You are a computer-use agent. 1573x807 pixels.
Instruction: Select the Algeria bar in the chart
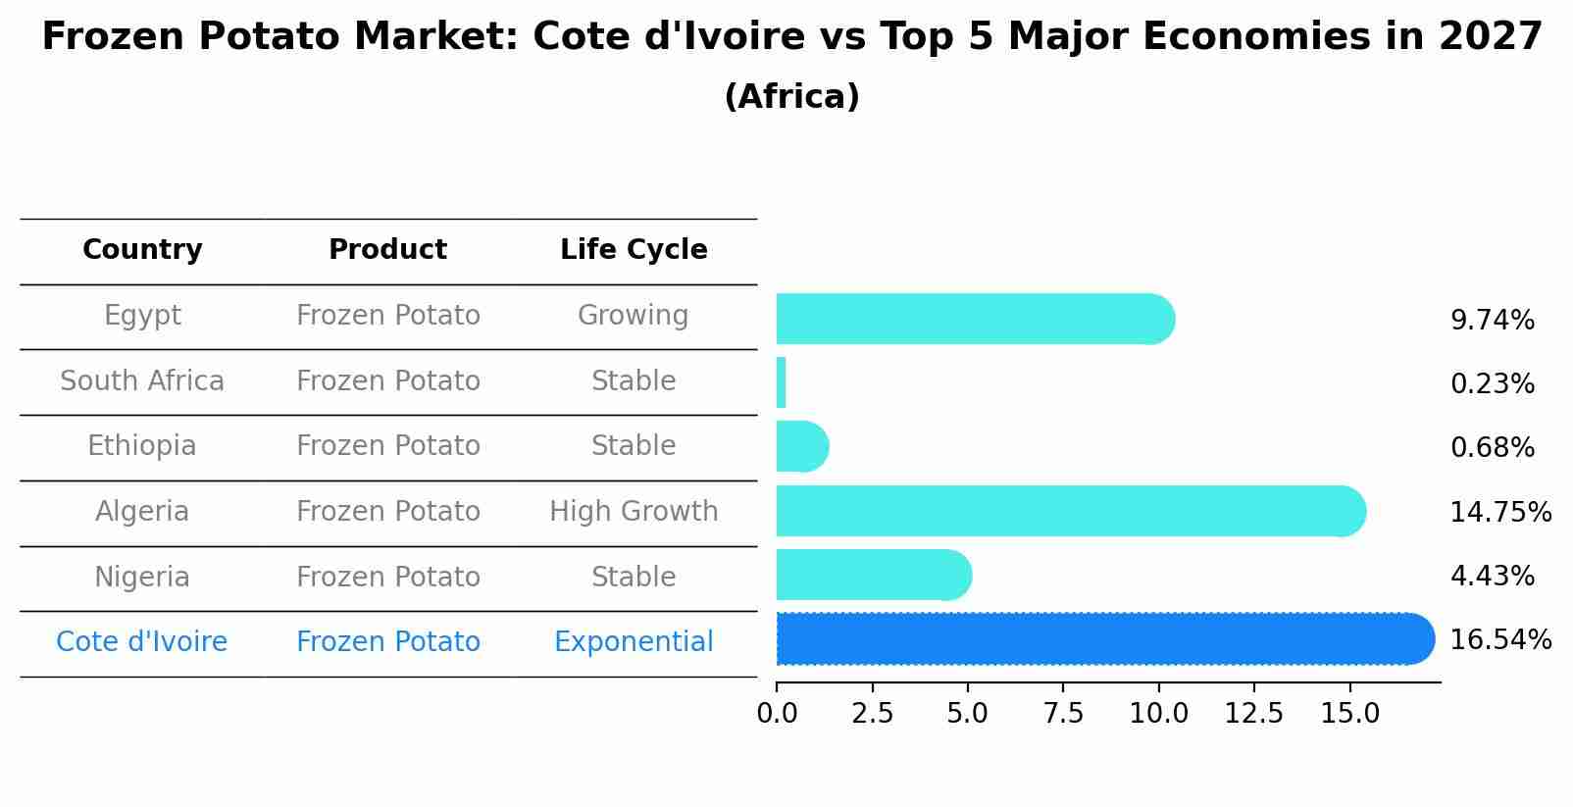coord(1069,511)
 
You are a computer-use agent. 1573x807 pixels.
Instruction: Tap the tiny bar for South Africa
coord(782,382)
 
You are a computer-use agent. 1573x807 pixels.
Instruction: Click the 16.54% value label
coord(1500,640)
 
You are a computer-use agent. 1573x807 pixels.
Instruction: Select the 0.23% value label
coord(1492,384)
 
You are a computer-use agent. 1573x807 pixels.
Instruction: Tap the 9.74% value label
coord(1492,321)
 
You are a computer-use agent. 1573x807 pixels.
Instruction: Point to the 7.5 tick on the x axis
coord(1063,714)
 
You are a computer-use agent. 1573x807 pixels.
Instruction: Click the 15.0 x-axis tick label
coord(1349,714)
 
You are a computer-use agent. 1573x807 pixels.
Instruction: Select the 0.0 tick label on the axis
coord(777,714)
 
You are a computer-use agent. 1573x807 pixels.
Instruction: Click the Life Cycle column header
coord(634,250)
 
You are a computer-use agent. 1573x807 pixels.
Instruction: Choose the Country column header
coord(142,250)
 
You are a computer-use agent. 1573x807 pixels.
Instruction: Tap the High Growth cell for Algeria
coord(634,512)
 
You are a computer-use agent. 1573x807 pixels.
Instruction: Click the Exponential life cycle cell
coord(634,642)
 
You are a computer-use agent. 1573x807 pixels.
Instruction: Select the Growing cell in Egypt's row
coord(634,316)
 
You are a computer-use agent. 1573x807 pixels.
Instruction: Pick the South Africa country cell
coord(142,381)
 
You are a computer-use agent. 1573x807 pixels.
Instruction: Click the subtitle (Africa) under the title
coord(791,97)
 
